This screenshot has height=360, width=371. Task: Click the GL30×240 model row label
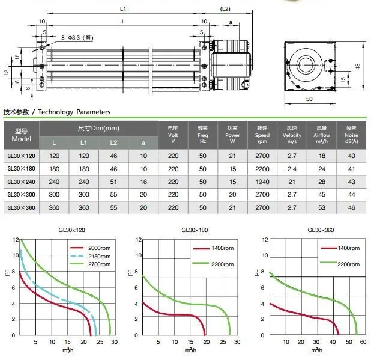pyautogui.click(x=21, y=182)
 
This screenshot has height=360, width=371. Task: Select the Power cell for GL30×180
pyautogui.click(x=232, y=169)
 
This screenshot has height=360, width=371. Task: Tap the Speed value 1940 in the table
pyautogui.click(x=262, y=182)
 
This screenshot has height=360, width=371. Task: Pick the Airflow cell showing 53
pyautogui.click(x=322, y=208)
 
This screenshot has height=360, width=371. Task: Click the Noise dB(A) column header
pyautogui.click(x=351, y=135)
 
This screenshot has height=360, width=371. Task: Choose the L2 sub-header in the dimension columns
pyautogui.click(x=113, y=143)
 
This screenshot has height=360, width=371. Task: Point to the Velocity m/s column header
pyautogui.click(x=292, y=135)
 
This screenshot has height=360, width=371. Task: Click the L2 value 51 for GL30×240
pyautogui.click(x=113, y=182)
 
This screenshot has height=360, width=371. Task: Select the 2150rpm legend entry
pyautogui.click(x=91, y=256)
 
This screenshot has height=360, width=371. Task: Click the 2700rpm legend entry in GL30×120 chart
pyautogui.click(x=91, y=264)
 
